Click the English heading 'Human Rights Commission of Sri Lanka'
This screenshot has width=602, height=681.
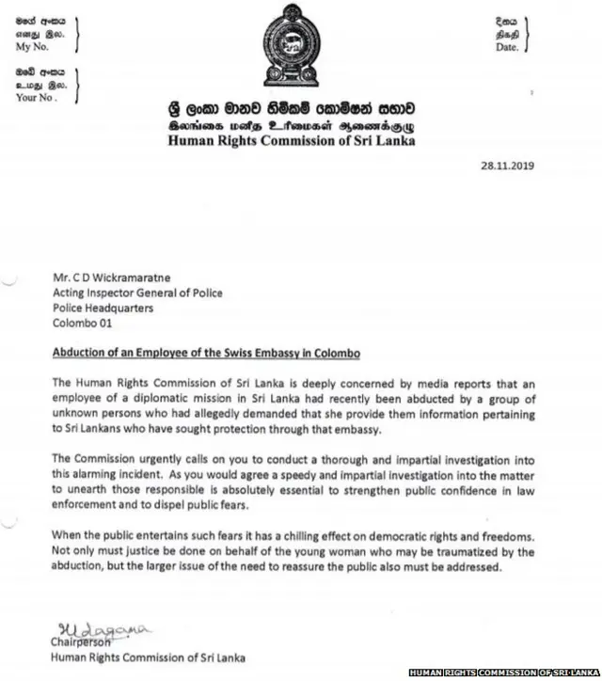291,142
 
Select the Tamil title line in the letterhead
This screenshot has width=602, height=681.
291,126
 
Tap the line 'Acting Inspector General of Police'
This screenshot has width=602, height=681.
137,293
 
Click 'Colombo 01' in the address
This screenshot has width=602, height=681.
83,323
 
